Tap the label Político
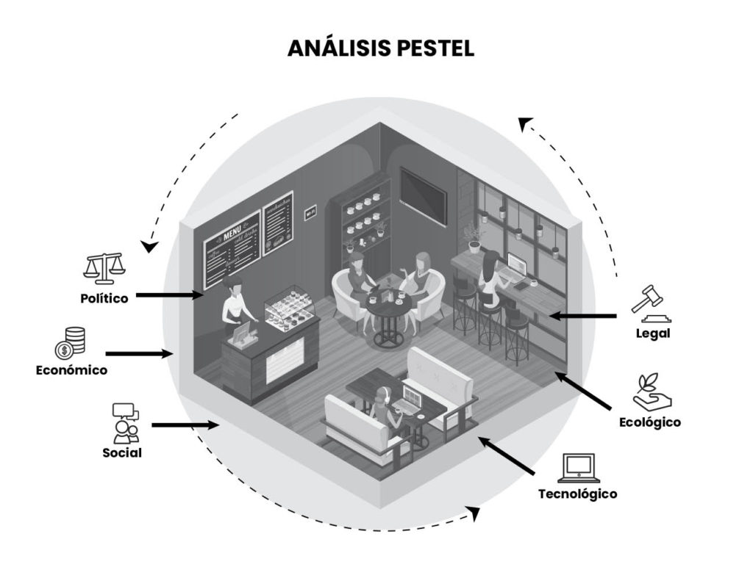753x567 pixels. pos(104,298)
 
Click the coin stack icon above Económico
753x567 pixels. pos(71,341)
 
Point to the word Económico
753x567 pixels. pos(71,370)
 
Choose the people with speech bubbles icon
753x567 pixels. pos(125,422)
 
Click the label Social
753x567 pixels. pos(122,452)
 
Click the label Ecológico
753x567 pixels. pos(649,422)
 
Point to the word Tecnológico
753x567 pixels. pos(577,494)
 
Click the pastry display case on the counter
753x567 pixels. pos(289,308)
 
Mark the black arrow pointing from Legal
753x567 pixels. pos(584,316)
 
